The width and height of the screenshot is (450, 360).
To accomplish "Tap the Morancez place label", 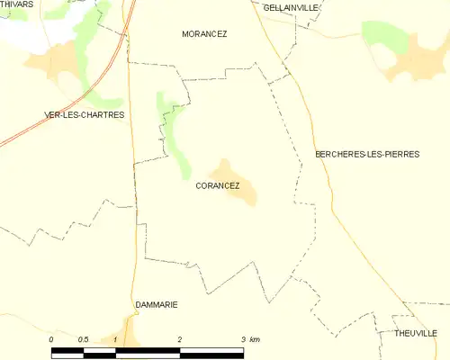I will click(x=204, y=34).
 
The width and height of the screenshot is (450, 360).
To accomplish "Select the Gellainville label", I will click(x=291, y=7).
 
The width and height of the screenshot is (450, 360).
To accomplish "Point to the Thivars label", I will click(x=16, y=4).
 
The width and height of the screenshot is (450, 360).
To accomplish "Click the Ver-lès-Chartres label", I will click(x=84, y=115).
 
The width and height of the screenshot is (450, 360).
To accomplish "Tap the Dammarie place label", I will click(x=156, y=305).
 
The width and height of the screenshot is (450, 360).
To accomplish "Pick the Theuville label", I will click(x=415, y=333).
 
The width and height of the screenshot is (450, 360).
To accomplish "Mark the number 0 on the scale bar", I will click(x=51, y=339).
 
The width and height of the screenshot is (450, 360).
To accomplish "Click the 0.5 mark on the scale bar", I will click(x=83, y=339).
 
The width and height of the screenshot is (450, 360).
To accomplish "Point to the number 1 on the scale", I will click(x=115, y=339).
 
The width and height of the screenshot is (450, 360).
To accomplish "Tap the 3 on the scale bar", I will click(x=243, y=339).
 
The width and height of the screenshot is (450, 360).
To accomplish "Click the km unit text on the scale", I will click(x=255, y=339).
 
